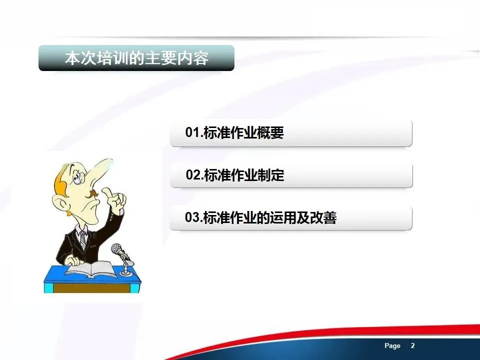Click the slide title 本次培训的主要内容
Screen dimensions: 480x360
[136, 58]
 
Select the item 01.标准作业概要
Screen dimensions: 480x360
[234, 132]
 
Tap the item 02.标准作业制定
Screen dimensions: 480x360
[235, 175]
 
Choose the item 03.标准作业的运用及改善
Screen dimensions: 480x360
[261, 217]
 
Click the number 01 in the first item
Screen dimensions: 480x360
[192, 132]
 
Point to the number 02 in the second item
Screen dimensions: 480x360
[193, 175]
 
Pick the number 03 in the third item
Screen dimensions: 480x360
[192, 217]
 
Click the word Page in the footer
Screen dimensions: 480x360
[392, 346]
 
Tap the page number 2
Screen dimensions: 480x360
[412, 345]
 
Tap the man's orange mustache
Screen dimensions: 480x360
[93, 193]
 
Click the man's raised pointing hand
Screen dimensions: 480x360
[115, 198]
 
